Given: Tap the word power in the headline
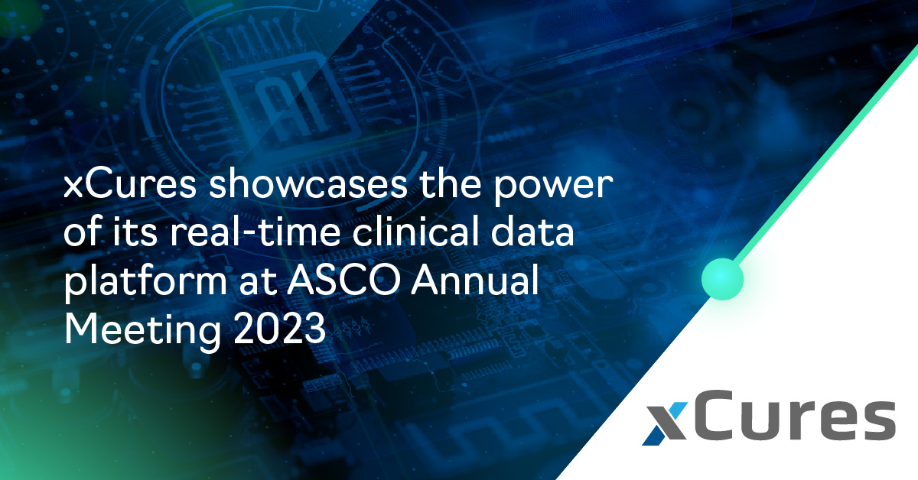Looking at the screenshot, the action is point(553,187).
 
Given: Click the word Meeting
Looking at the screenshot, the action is point(142,330).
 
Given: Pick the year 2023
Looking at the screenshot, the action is point(279,329).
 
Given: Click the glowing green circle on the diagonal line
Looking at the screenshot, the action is point(722,279).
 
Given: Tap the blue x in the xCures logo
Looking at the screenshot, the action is point(665,424).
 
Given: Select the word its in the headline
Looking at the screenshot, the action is point(135,232).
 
